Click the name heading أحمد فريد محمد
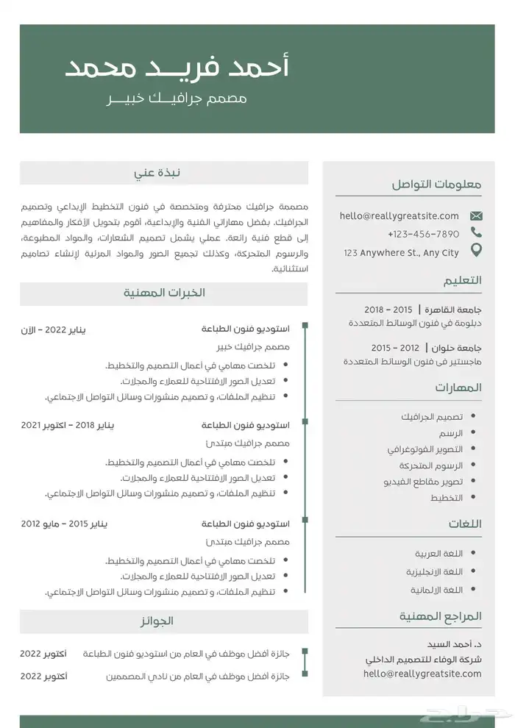click(177, 68)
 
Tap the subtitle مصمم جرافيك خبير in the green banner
click(177, 99)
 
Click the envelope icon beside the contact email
click(476, 216)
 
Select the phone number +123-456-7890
click(423, 234)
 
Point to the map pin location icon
click(476, 251)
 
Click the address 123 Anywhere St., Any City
click(401, 252)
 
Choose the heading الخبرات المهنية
click(163, 293)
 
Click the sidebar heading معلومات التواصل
click(436, 185)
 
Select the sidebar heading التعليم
click(462, 280)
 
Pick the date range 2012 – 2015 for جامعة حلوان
click(395, 347)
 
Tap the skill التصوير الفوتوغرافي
click(425, 449)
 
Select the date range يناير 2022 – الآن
click(53, 330)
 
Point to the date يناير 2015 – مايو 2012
click(64, 524)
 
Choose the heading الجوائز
click(157, 621)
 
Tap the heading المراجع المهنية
click(440, 615)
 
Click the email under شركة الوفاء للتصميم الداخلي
click(422, 673)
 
